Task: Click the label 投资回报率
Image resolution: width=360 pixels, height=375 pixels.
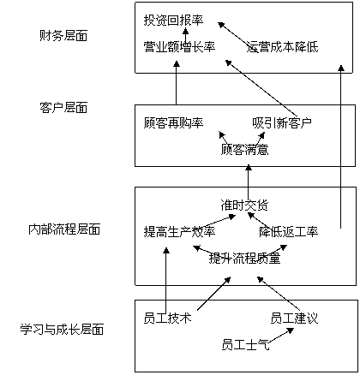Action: (173, 21)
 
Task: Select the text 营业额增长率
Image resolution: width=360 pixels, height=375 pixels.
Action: (179, 47)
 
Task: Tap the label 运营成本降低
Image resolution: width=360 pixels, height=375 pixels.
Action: (282, 47)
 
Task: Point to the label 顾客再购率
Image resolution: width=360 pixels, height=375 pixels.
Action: (173, 123)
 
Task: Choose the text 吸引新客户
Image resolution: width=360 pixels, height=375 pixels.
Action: (282, 123)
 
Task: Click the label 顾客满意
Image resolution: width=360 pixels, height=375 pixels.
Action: (245, 149)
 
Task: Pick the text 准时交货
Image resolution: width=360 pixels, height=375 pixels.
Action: (245, 205)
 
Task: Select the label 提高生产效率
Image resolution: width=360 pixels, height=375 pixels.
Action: (179, 231)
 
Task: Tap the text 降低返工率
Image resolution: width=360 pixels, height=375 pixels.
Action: (289, 231)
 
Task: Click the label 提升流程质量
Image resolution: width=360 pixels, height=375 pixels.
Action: (245, 259)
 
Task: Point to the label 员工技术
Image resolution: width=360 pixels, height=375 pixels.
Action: (167, 318)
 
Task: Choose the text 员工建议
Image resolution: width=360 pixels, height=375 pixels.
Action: (294, 318)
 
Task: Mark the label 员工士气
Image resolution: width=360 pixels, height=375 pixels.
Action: (246, 344)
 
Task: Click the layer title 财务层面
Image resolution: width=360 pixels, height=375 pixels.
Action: (63, 36)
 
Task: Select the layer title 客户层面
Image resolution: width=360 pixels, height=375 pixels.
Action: (63, 108)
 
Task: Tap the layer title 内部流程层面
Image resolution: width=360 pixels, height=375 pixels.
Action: (64, 229)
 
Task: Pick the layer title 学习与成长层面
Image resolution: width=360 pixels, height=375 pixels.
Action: (62, 329)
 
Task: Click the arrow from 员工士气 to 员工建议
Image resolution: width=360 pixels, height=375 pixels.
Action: (281, 336)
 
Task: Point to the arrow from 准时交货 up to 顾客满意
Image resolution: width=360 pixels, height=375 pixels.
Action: (249, 181)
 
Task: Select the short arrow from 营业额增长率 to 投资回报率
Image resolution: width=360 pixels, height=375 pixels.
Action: (186, 35)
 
